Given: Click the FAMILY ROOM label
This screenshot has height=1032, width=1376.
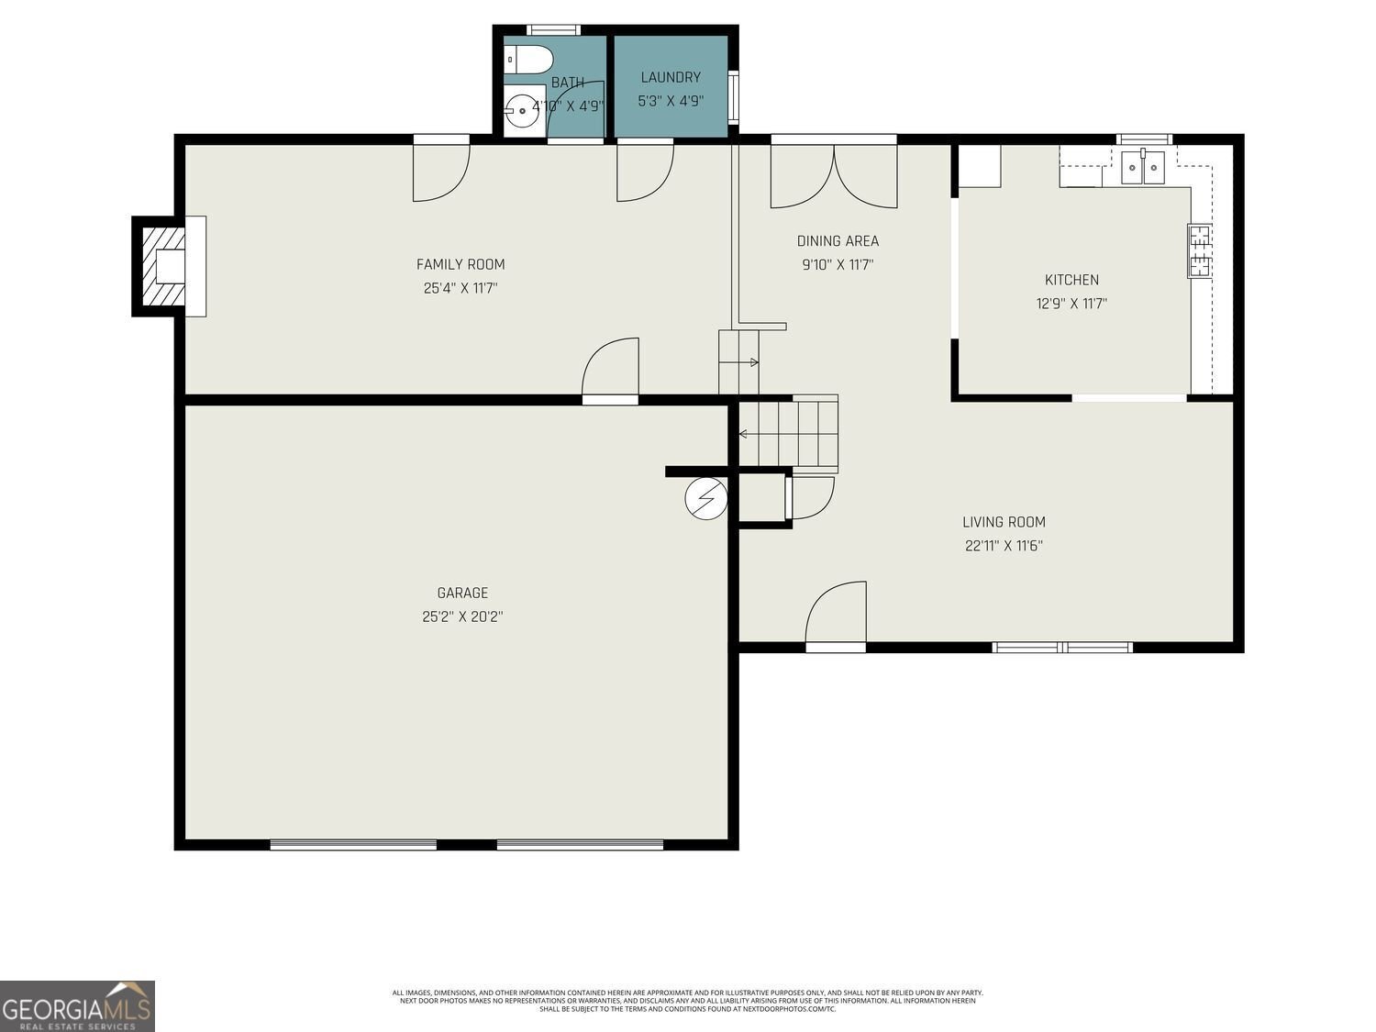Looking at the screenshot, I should click(x=461, y=264).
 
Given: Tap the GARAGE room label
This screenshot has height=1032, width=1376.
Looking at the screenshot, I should click(x=462, y=593).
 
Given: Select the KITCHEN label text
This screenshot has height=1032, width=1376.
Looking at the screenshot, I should click(x=1071, y=280).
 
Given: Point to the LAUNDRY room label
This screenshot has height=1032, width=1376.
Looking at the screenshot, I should click(x=671, y=77).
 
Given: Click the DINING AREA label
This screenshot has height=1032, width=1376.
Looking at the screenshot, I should click(x=838, y=240).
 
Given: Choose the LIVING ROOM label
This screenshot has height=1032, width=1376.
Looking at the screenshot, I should click(x=1004, y=522).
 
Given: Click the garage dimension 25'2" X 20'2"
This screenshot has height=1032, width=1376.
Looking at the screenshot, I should click(x=462, y=616).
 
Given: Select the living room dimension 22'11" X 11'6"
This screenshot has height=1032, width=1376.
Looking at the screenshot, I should click(x=1004, y=546).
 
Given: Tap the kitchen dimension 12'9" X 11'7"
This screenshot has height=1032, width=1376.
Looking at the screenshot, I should click(x=1071, y=304).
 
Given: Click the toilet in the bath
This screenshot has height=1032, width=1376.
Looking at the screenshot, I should click(x=527, y=60).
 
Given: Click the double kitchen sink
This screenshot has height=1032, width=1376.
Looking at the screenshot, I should click(x=1143, y=168).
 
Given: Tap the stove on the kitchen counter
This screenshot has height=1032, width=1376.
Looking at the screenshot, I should click(x=1199, y=250).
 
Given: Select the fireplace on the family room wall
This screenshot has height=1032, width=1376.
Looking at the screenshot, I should click(x=170, y=266).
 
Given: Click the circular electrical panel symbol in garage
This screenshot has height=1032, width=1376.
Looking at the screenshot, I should click(x=705, y=498).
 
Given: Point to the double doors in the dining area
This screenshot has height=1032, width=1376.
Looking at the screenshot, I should click(x=834, y=176).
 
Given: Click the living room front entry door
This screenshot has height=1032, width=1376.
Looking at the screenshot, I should click(x=836, y=615).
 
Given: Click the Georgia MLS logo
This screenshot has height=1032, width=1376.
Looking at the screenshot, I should click(x=77, y=1006).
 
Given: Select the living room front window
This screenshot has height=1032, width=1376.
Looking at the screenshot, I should click(x=1062, y=648).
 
